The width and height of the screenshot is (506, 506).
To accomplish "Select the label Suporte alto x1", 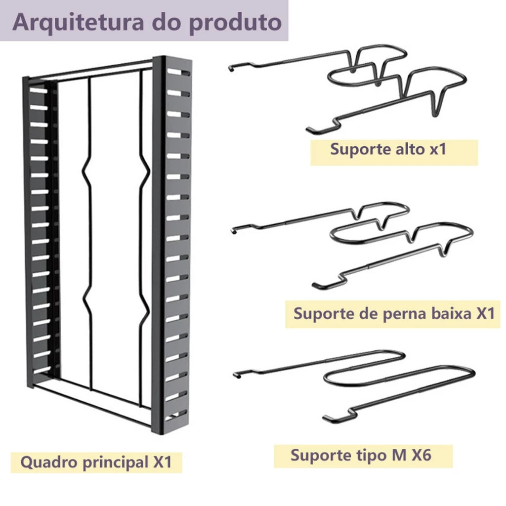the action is tap(388, 149).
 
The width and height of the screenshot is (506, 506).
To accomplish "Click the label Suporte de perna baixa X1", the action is tap(394, 313).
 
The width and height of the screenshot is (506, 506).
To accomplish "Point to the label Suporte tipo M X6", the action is tap(361, 455).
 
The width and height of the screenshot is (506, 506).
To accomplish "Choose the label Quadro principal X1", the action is tap(96, 462).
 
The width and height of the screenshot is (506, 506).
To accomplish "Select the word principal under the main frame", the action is tap(115, 463).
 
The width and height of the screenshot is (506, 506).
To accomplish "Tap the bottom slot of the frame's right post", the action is tap(176, 416).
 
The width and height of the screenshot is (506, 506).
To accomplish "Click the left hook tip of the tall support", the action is tap(230, 68).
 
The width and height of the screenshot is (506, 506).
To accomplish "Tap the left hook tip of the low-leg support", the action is tap(234, 230).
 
